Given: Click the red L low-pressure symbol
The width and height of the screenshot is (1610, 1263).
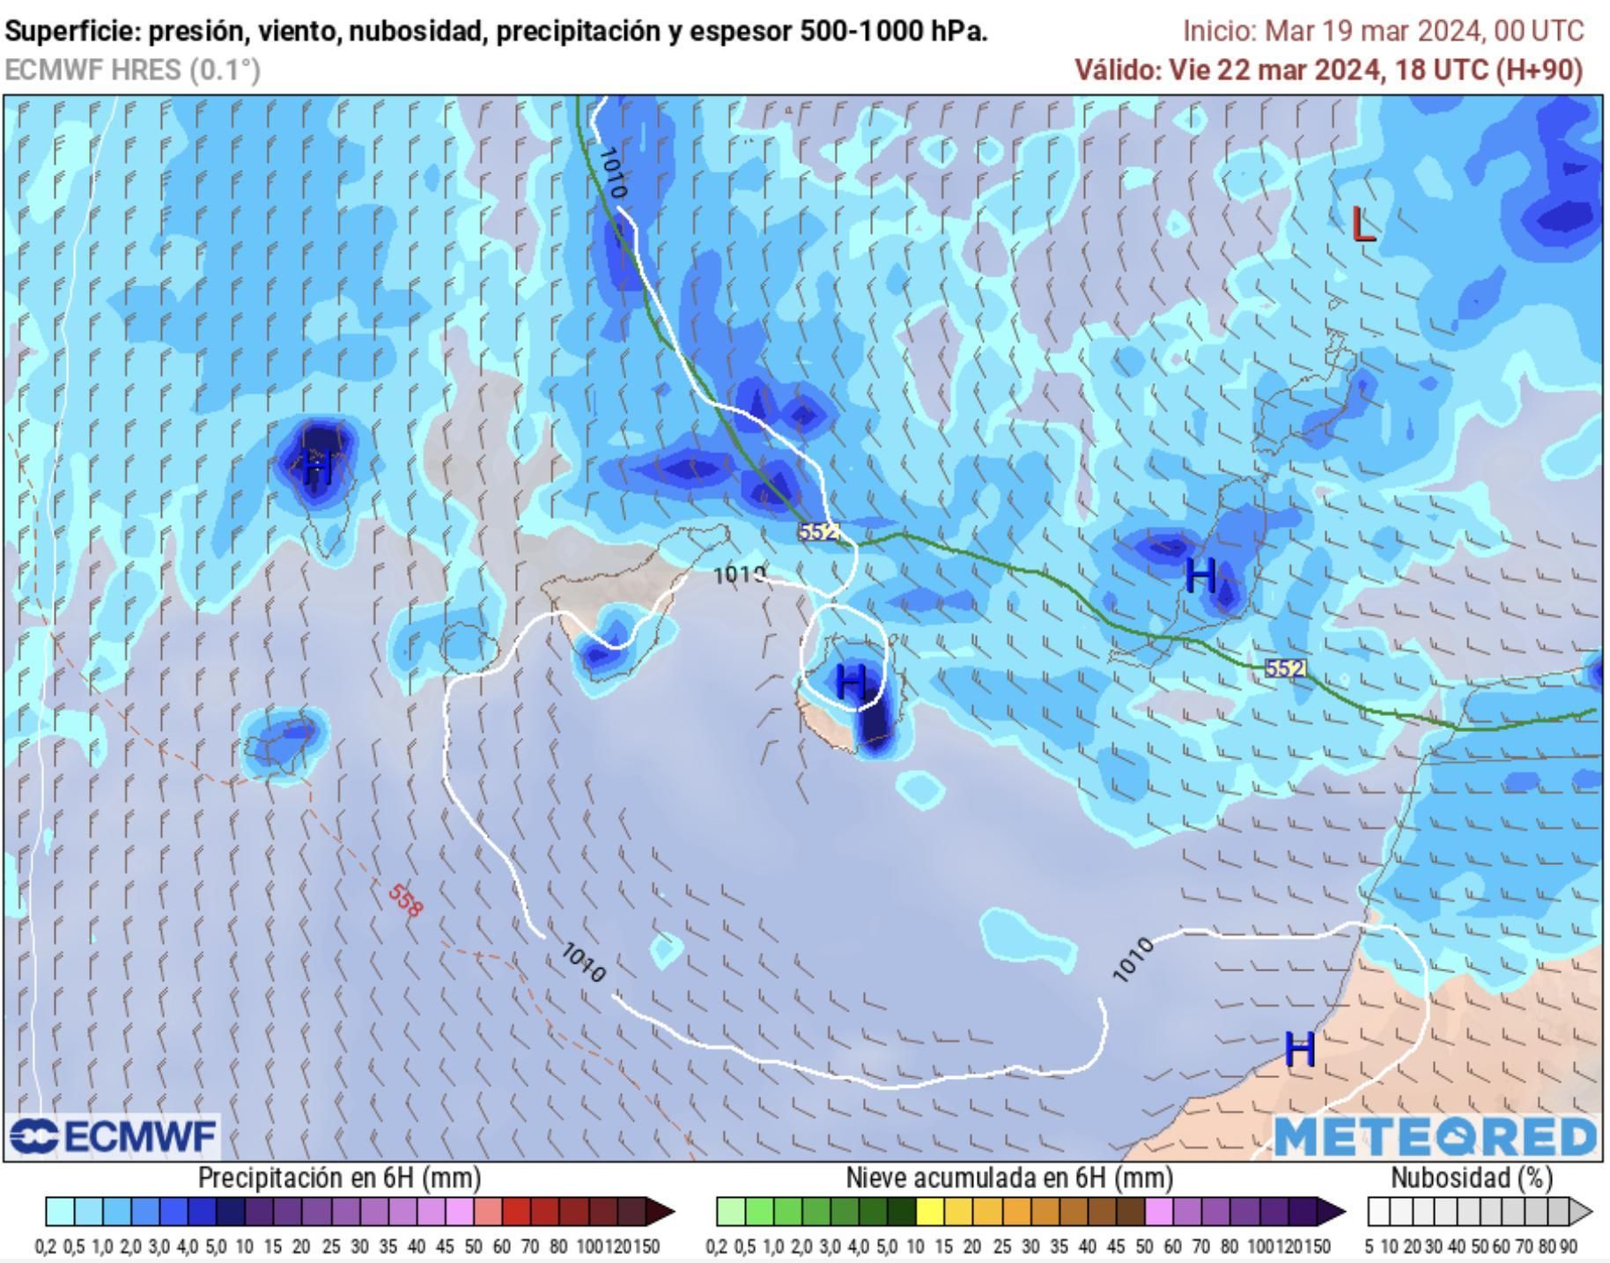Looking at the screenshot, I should [x=1363, y=225].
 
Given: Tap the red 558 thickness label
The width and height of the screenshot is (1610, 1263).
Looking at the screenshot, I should [x=405, y=899].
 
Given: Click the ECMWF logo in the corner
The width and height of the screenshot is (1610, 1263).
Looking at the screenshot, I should [x=113, y=1136].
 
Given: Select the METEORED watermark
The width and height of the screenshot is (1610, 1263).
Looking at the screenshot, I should [x=1436, y=1136].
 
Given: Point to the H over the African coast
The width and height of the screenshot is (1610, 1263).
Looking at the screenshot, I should [x=1300, y=1049].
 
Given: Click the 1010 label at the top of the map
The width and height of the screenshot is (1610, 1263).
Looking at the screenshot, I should [x=612, y=172].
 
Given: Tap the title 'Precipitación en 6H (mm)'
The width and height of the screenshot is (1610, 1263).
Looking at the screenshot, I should [x=339, y=1178].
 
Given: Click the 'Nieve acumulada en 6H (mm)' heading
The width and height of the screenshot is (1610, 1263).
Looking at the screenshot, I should [x=1009, y=1178].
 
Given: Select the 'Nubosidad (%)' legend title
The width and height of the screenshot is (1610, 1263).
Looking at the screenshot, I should [x=1472, y=1178].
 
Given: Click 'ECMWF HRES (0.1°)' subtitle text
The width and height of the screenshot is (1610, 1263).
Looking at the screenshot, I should [x=133, y=70].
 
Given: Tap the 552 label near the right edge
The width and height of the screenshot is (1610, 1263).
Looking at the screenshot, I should [x=1285, y=668].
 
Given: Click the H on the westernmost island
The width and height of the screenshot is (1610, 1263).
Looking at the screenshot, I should [x=318, y=466].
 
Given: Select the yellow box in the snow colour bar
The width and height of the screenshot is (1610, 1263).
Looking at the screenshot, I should [x=929, y=1213].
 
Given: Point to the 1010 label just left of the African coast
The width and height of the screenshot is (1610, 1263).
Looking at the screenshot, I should [x=1133, y=959].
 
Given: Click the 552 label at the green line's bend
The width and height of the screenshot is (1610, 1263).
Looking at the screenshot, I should [x=818, y=532].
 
